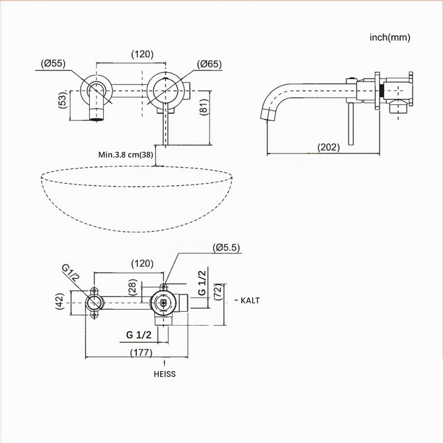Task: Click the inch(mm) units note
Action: (x=389, y=37)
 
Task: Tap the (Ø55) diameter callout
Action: (x=53, y=63)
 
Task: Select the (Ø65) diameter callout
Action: (x=209, y=64)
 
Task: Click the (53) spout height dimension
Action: (x=62, y=100)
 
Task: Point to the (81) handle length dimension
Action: (x=204, y=107)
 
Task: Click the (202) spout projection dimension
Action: (x=329, y=147)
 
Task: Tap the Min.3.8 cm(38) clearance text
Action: (x=125, y=155)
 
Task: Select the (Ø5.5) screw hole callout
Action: (x=226, y=248)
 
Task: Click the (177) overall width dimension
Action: (x=141, y=352)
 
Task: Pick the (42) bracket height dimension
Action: (x=60, y=301)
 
